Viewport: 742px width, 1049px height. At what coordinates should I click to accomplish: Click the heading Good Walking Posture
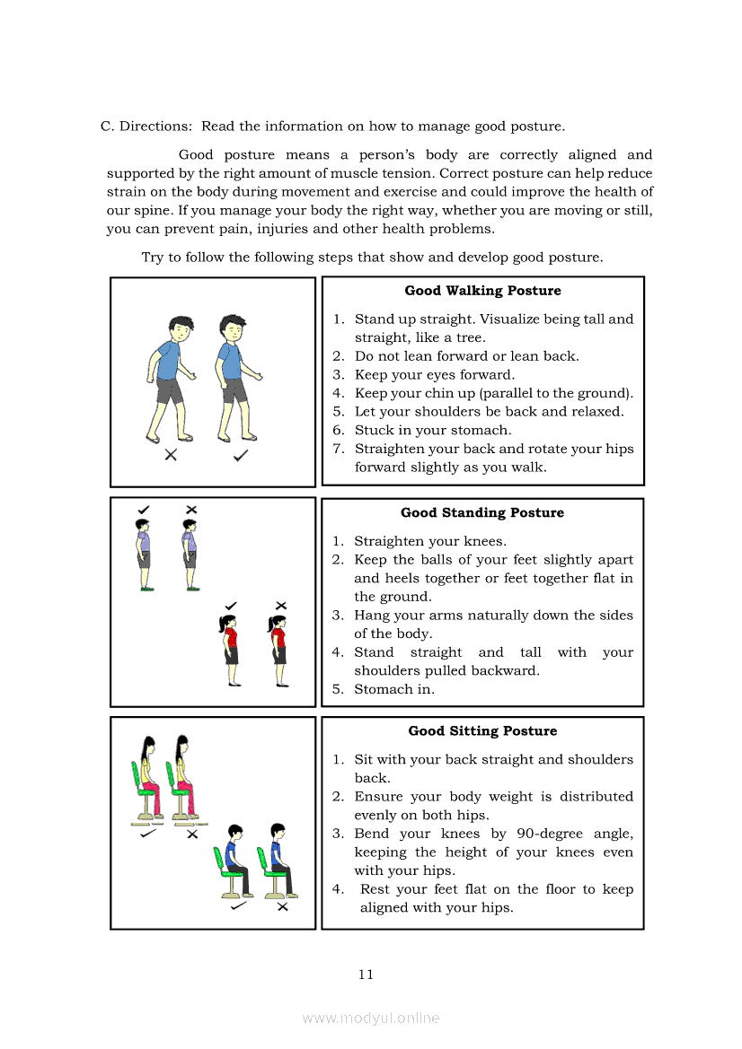pyautogui.click(x=482, y=291)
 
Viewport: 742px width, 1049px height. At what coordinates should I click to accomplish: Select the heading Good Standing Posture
pyautogui.click(x=482, y=513)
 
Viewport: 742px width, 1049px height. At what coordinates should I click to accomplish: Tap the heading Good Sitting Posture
pyautogui.click(x=482, y=731)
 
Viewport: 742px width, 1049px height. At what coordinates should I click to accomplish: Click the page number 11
pyautogui.click(x=366, y=975)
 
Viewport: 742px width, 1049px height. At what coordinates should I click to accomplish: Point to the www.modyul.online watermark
pyautogui.click(x=371, y=1018)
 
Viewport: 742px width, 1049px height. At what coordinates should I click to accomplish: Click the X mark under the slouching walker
pyautogui.click(x=171, y=455)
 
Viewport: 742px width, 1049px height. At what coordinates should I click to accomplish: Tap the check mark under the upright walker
pyautogui.click(x=241, y=456)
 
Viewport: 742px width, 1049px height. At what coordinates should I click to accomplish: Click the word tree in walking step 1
pyautogui.click(x=469, y=338)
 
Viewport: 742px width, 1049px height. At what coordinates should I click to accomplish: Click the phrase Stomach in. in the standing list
pyautogui.click(x=394, y=689)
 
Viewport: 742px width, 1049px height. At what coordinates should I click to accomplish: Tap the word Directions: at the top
pyautogui.click(x=156, y=127)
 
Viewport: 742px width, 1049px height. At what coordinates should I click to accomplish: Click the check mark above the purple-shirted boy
pyautogui.click(x=144, y=510)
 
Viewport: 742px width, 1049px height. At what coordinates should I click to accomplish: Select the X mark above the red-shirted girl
pyautogui.click(x=280, y=606)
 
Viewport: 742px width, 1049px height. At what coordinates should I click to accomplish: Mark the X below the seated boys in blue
pyautogui.click(x=282, y=907)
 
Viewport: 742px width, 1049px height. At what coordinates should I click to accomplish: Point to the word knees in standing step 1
pyautogui.click(x=486, y=541)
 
